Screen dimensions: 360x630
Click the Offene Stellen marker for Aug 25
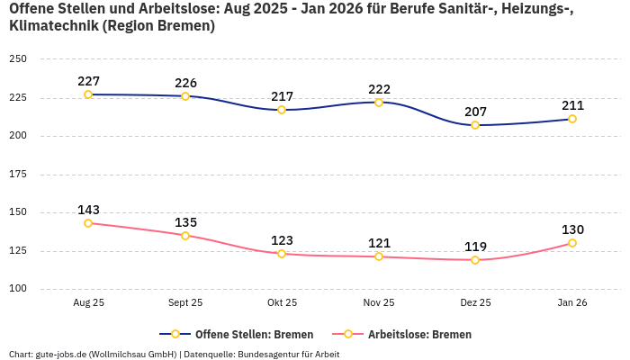coord(88,94)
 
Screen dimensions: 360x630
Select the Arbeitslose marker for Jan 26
coord(572,243)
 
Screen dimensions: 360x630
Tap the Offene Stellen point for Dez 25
coord(475,125)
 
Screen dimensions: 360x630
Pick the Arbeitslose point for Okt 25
coord(282,254)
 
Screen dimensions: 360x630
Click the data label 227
coord(88,81)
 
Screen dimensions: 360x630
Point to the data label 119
coord(475,247)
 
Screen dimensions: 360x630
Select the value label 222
coord(379,89)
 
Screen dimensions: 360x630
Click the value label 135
coord(185,222)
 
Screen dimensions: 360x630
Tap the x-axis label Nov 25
coord(379,303)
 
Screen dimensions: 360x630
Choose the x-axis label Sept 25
coord(185,303)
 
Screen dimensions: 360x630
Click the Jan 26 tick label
coord(572,303)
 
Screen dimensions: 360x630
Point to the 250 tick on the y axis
coord(18,59)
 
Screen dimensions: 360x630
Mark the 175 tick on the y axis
coord(18,175)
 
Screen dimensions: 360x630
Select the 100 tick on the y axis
coord(18,289)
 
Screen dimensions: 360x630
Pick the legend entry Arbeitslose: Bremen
coord(419,334)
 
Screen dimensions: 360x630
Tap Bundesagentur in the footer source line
coord(266,354)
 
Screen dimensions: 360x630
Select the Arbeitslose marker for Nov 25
coord(379,256)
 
